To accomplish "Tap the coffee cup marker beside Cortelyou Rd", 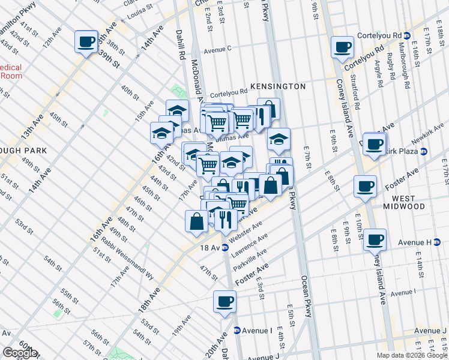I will coord(343,47).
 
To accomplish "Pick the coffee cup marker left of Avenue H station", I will coord(375,241).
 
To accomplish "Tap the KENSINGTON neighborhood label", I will coord(278,86).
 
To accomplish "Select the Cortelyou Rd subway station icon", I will coord(406,36).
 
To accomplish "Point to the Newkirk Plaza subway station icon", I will coord(423,151).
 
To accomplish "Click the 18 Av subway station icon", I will coord(225,247).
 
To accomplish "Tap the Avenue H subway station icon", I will coord(428,242).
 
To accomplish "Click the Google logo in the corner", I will coord(20,353).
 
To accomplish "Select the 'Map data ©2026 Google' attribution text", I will coord(412,355).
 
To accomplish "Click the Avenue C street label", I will coord(217,50).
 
